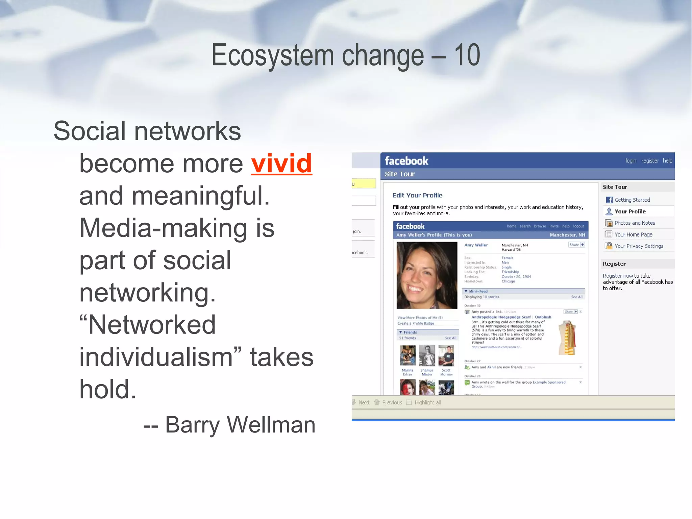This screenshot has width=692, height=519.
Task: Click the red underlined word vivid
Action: pyautogui.click(x=281, y=164)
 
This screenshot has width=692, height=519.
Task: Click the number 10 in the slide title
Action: pyautogui.click(x=467, y=55)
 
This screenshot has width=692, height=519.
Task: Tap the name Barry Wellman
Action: pyautogui.click(x=240, y=425)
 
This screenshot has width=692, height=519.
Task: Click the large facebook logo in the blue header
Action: pyautogui.click(x=406, y=161)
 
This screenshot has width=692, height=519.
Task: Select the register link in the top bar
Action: pyautogui.click(x=650, y=161)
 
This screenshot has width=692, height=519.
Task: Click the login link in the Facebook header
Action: pyautogui.click(x=631, y=161)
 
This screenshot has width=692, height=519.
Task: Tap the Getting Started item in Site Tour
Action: pyautogui.click(x=632, y=200)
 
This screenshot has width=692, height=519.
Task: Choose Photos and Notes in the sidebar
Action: pyautogui.click(x=635, y=223)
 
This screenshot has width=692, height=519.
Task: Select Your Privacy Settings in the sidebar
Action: pyautogui.click(x=639, y=246)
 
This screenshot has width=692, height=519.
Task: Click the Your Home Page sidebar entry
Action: pyautogui.click(x=633, y=234)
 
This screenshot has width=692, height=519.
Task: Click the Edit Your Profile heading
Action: pyautogui.click(x=417, y=195)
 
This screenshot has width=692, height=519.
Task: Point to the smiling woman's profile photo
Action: pyautogui.click(x=427, y=275)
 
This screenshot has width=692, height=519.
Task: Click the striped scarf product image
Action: pyautogui.click(x=568, y=337)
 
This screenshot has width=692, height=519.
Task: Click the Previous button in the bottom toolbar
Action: pyautogui.click(x=392, y=402)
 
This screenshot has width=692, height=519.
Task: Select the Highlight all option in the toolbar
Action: pyautogui.click(x=427, y=402)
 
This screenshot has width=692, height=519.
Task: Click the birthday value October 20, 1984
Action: pyautogui.click(x=516, y=277)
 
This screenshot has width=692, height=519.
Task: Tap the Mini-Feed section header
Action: pyautogui.click(x=478, y=291)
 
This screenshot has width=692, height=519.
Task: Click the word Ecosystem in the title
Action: pyautogui.click(x=272, y=56)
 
